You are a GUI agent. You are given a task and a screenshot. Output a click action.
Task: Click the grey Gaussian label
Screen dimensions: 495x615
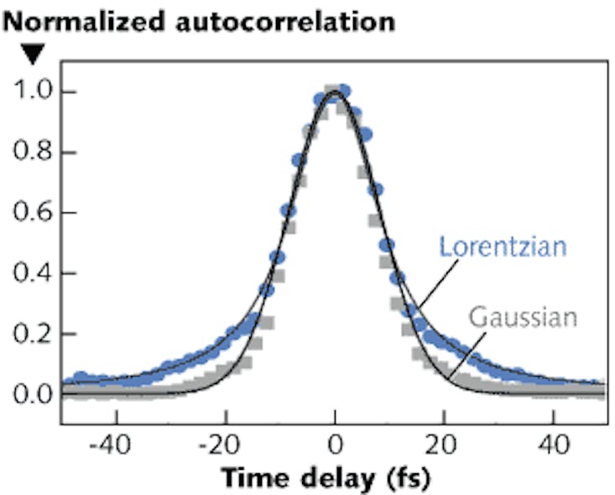pos(524,318)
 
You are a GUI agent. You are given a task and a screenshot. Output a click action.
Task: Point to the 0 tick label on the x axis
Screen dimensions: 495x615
pos(335,441)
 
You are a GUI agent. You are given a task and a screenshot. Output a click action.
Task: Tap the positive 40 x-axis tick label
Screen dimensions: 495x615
pos(553,441)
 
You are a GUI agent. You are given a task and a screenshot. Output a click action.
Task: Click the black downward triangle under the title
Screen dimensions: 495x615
pos(31,55)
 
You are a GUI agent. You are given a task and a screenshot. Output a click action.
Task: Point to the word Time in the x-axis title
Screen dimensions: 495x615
pos(251,477)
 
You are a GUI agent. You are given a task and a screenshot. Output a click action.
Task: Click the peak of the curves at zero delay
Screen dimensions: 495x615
pos(335,91)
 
